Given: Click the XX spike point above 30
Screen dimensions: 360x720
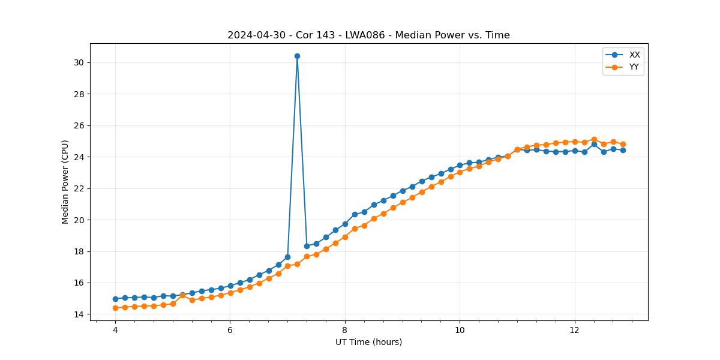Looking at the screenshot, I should pos(297,56).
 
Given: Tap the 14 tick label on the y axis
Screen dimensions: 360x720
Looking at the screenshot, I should pos(79,314).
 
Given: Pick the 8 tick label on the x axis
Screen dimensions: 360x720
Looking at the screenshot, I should pos(345,330).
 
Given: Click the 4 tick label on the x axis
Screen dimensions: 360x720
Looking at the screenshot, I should pos(115,330).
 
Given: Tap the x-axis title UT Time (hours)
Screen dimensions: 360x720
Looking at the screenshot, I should pos(368,342).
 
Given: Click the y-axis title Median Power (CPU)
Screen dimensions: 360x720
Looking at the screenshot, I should pos(65,182).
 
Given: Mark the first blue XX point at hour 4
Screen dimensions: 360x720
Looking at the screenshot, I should pos(115,299).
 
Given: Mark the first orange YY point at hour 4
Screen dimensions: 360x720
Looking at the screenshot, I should pos(115,308).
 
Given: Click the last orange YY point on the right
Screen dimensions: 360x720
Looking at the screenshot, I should pos(623,144).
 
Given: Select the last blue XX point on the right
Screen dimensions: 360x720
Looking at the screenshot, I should pos(623,150).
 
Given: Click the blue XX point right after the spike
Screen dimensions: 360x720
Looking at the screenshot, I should pos(307,246).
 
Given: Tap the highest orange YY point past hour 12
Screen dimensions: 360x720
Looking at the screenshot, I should pos(594,139).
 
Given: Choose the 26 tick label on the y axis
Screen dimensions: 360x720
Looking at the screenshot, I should pos(79,125).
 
